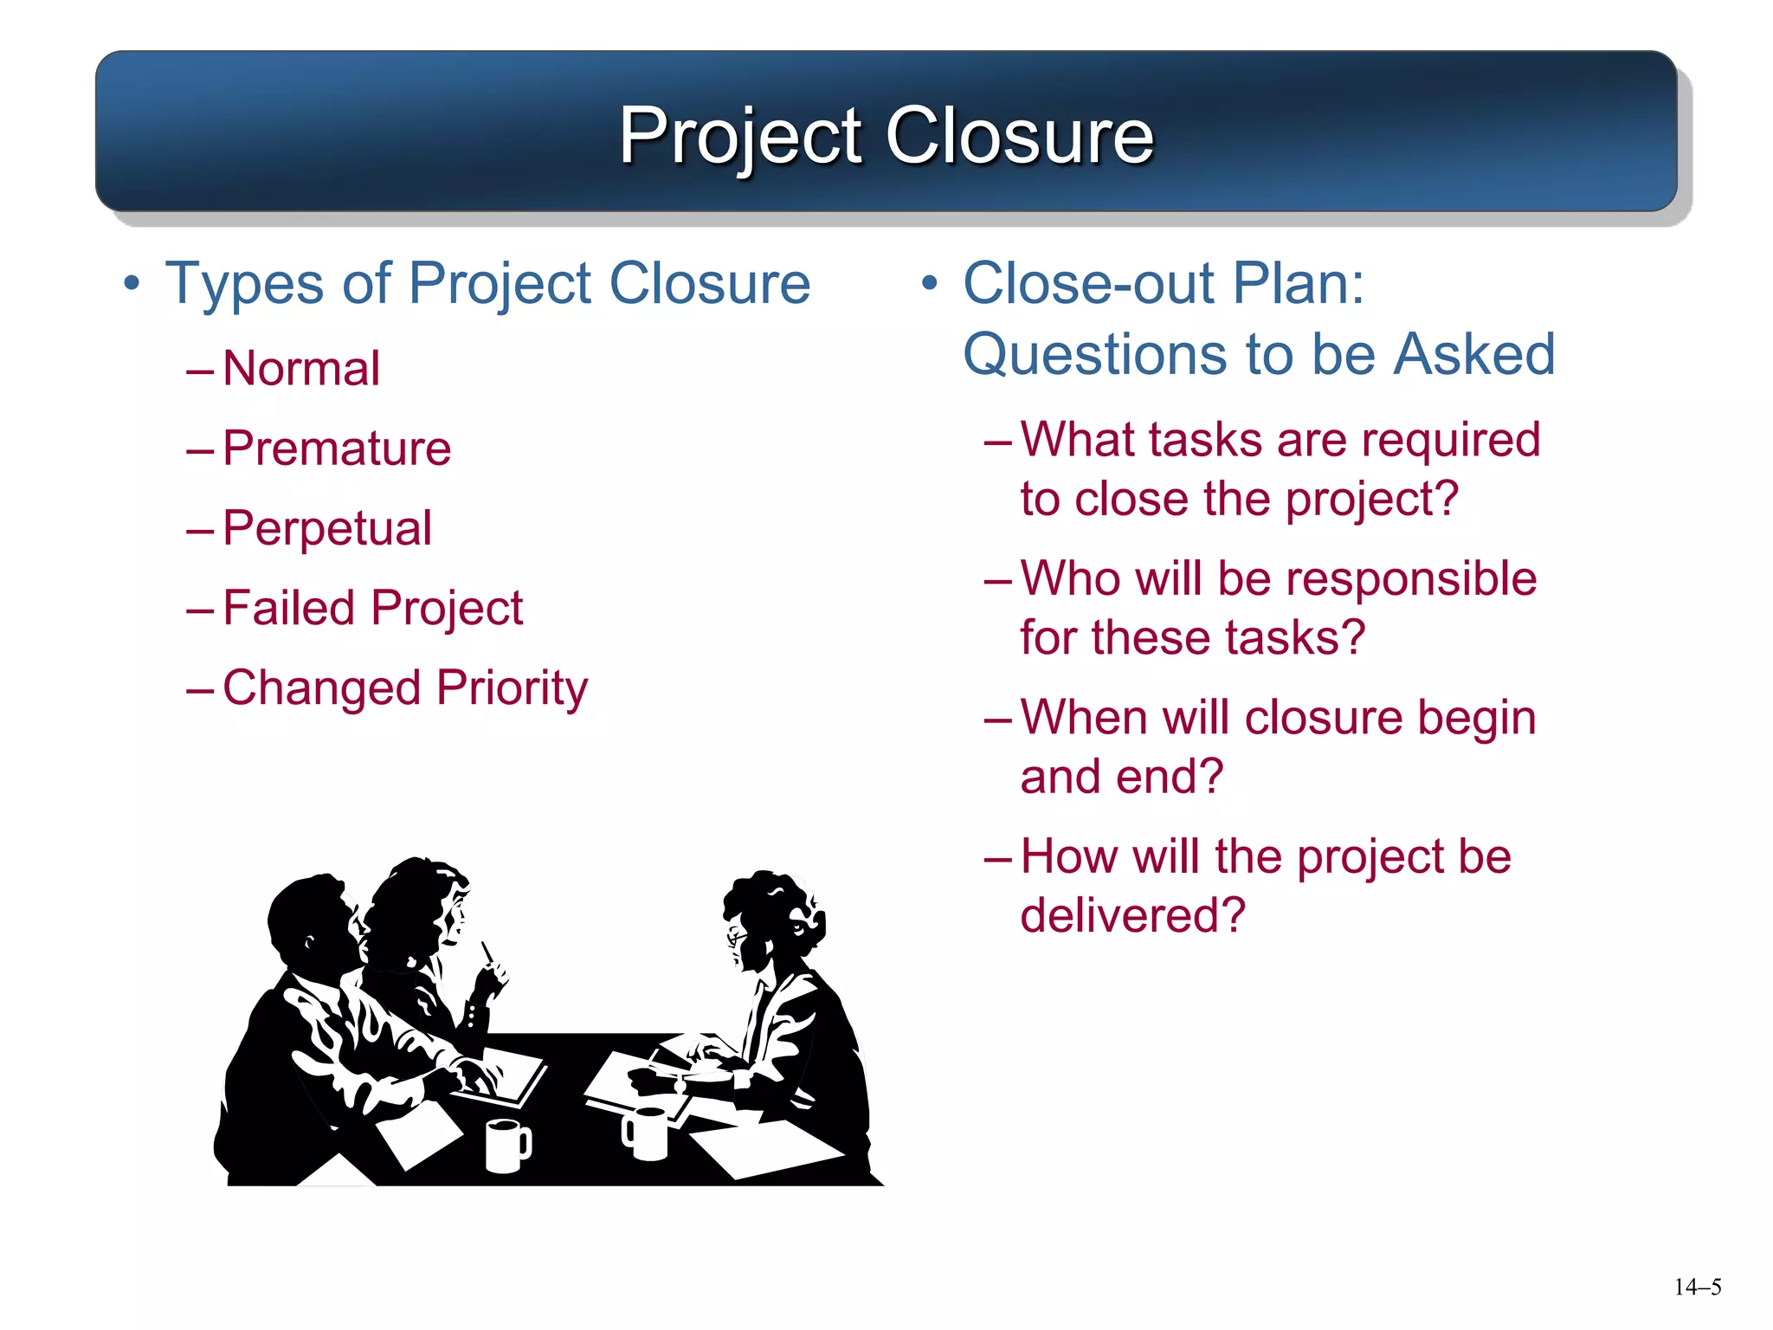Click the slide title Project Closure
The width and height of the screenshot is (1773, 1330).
tap(886, 135)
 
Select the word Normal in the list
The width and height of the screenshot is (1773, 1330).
tap(301, 369)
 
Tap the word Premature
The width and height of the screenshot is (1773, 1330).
tap(337, 449)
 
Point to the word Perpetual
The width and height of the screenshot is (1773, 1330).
tap(326, 528)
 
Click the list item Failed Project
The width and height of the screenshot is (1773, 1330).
tap(372, 608)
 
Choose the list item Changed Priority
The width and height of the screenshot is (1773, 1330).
tap(404, 688)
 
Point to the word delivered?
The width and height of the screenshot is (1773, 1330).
tap(1132, 915)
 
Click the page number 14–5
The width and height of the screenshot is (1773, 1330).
tap(1697, 1288)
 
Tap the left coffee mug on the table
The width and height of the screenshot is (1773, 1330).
tap(506, 1145)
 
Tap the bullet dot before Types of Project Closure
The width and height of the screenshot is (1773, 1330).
tap(131, 283)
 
